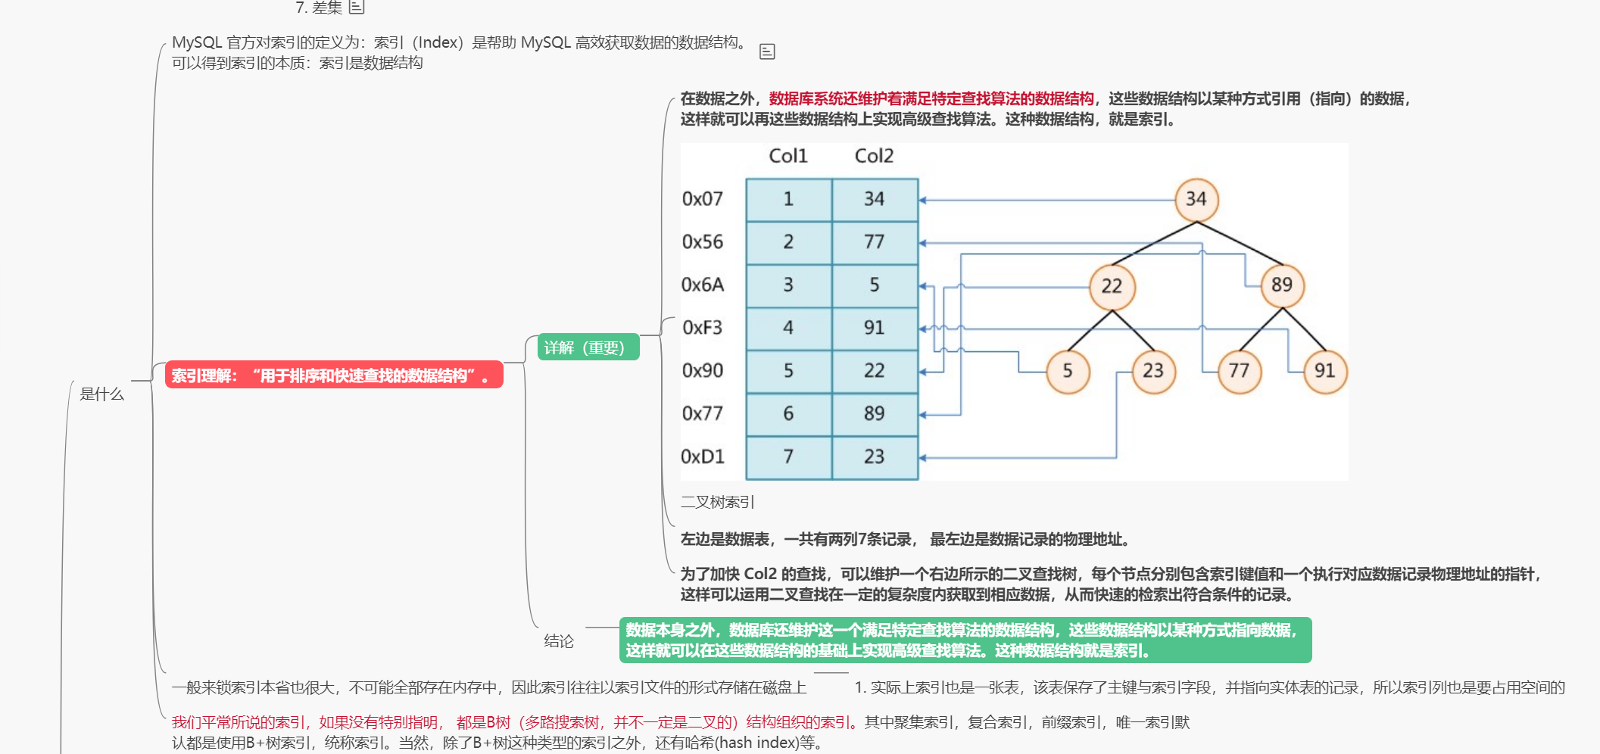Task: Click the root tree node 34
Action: coord(1196,199)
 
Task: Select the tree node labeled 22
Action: coord(1112,286)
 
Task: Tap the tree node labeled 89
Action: coord(1281,285)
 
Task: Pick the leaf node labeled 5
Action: coord(1068,371)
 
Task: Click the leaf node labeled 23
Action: coord(1152,371)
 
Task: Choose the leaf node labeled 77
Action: coord(1239,371)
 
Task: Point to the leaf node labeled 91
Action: coord(1324,371)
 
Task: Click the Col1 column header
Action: coord(788,156)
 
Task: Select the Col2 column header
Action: coord(874,156)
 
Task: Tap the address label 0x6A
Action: coord(703,285)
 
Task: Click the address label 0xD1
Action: coord(703,456)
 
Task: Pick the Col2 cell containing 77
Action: coord(875,242)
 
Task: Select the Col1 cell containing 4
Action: coord(788,328)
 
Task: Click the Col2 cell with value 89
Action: coord(875,413)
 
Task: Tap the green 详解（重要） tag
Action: coord(588,347)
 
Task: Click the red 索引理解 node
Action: coord(334,375)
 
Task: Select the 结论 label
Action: coord(559,641)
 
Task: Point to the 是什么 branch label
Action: coord(102,394)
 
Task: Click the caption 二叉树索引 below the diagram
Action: coord(717,502)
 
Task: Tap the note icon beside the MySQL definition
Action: coord(767,51)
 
